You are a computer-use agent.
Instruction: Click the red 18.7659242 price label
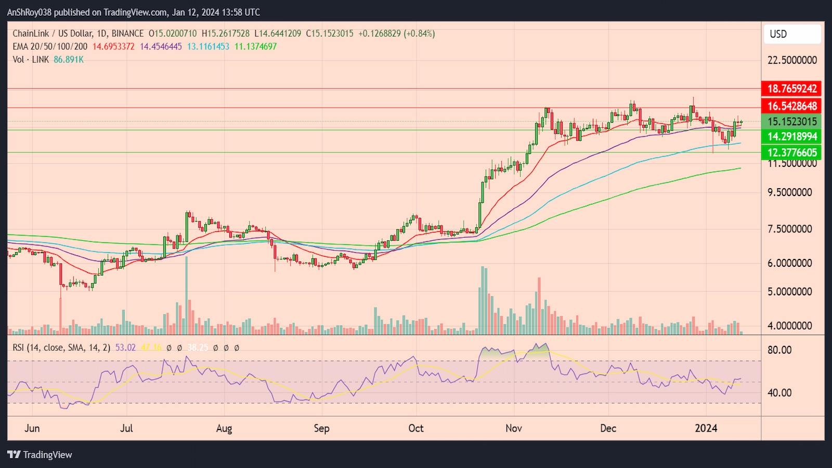coord(792,88)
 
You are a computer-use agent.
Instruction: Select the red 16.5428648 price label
coord(792,106)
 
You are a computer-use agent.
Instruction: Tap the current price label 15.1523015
coord(792,122)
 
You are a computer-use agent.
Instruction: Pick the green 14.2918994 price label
coord(792,137)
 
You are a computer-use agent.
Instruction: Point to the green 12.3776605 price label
coord(792,152)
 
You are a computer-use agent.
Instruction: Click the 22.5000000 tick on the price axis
coord(792,60)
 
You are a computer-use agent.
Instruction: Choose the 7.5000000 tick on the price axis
coord(789,229)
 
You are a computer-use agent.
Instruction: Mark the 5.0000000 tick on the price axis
coord(789,292)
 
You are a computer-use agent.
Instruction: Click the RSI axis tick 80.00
coord(779,350)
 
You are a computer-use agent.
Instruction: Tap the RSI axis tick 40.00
coord(779,393)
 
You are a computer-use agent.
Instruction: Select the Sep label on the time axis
coord(321,428)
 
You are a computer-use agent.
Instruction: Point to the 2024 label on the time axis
coord(706,428)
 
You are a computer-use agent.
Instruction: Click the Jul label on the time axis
coord(126,428)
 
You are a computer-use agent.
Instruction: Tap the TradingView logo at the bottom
coord(40,455)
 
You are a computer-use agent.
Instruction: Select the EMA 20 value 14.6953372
coord(113,46)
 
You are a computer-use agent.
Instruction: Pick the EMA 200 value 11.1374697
coord(255,46)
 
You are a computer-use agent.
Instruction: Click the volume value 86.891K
coord(69,59)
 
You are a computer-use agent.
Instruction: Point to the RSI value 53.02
coord(125,347)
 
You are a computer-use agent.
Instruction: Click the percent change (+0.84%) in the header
coord(419,33)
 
